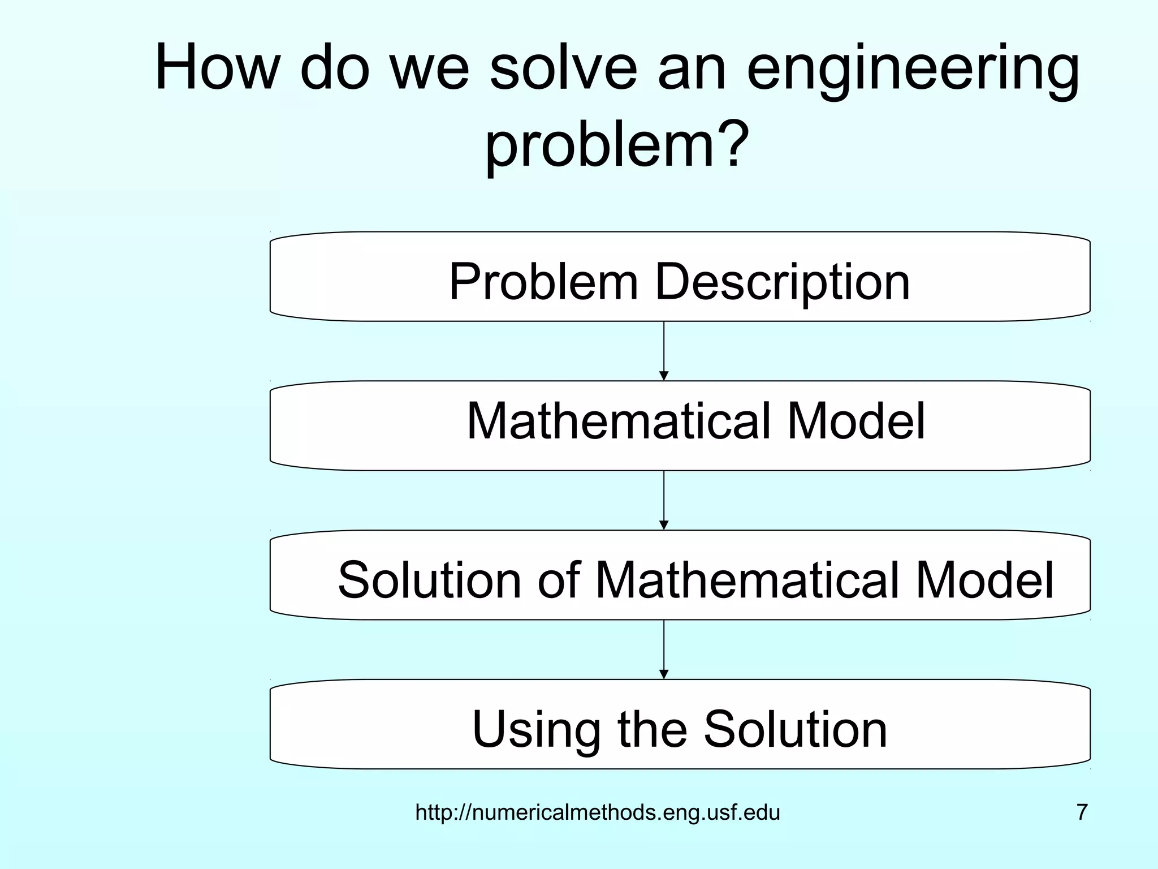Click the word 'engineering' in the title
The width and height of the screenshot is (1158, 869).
click(913, 71)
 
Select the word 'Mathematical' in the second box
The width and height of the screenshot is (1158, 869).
click(619, 421)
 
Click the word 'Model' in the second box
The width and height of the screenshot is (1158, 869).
click(856, 421)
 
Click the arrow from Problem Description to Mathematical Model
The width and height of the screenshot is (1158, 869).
click(664, 351)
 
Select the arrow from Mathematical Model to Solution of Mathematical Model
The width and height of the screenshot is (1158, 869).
click(664, 500)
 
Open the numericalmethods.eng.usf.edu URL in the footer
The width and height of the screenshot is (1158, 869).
click(598, 813)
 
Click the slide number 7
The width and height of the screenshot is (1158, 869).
click(1082, 812)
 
